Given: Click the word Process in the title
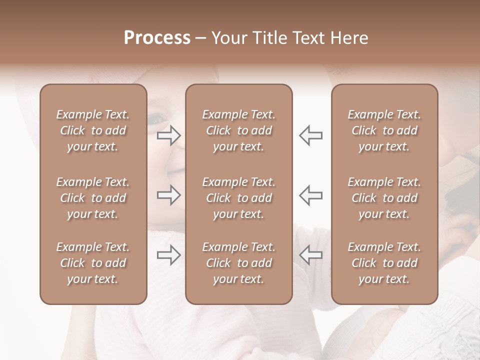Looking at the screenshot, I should click(157, 38).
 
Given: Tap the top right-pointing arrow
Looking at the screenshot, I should click(169, 135).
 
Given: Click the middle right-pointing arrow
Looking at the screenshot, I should click(169, 195).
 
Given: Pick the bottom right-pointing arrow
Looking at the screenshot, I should click(169, 255).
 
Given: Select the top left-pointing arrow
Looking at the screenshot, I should click(311, 135).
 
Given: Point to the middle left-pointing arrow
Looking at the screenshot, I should click(311, 195).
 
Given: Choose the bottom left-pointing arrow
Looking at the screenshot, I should click(311, 255).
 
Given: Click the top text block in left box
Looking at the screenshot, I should click(93, 130).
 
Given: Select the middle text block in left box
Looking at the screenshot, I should click(93, 198).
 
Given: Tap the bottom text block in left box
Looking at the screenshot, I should click(93, 263).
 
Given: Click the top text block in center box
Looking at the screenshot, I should click(238, 130).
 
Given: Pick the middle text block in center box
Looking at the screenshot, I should click(238, 198).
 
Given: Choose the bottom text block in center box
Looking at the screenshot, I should click(238, 263).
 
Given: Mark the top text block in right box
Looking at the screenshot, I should click(384, 130).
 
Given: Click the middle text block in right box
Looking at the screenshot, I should click(384, 198).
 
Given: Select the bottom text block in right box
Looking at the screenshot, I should click(384, 263).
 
